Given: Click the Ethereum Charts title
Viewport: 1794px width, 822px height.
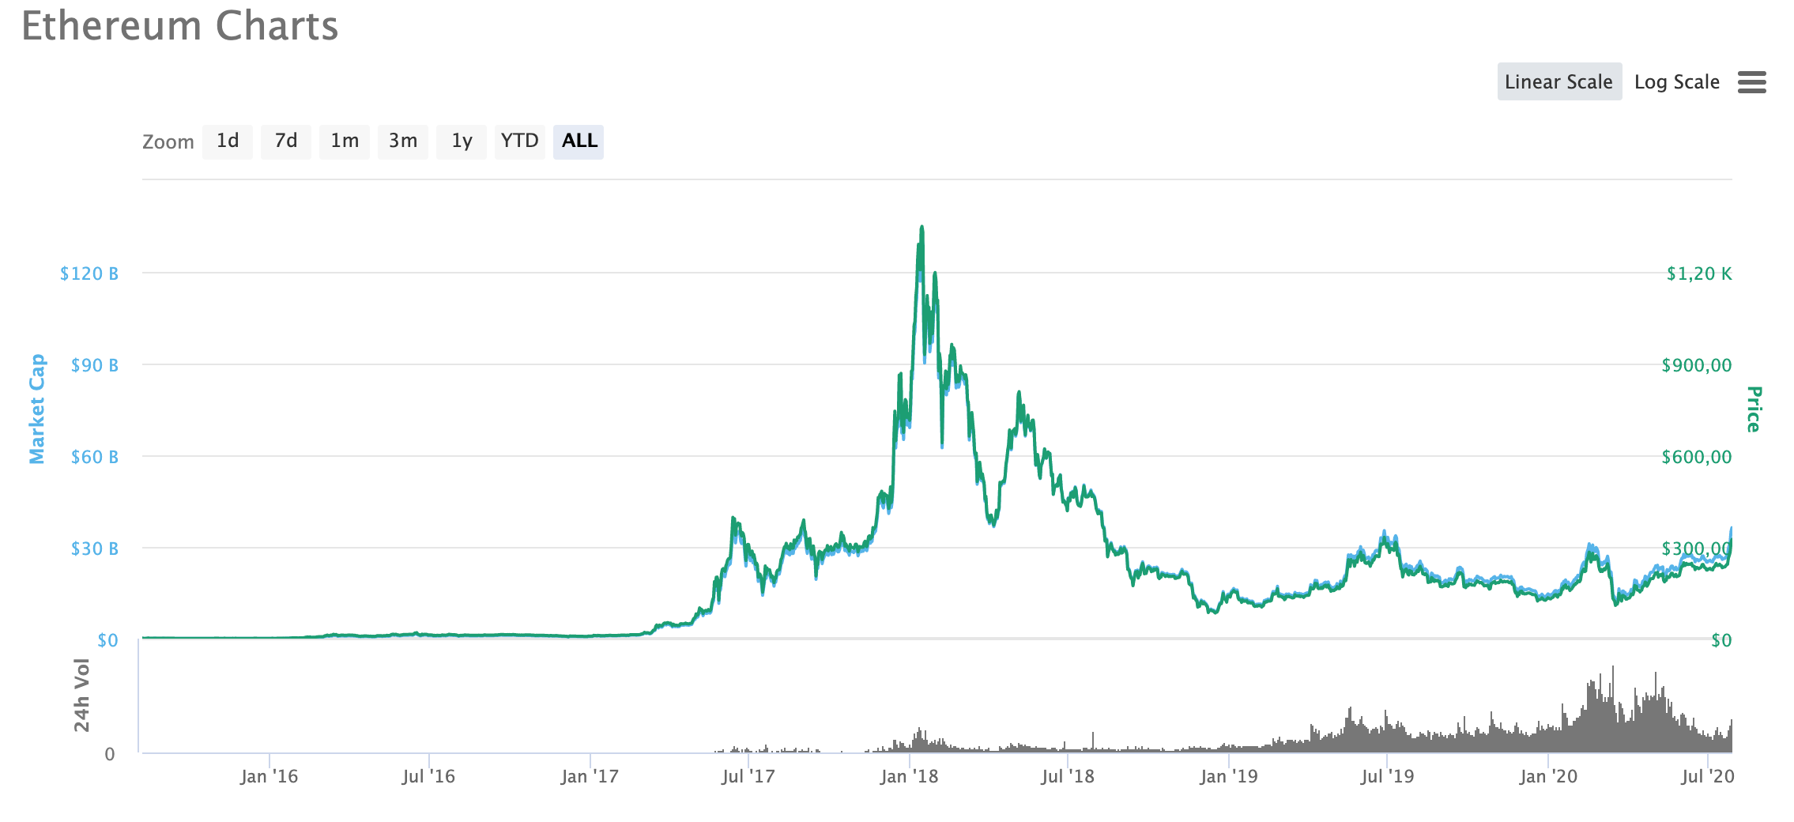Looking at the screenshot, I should point(179,26).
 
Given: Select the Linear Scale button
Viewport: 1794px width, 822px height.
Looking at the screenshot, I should point(1558,81).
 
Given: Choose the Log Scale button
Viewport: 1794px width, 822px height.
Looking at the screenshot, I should point(1676,81).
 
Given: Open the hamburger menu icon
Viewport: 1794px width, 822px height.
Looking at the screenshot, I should point(1751,81).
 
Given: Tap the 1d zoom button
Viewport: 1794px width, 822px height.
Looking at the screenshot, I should point(228,141).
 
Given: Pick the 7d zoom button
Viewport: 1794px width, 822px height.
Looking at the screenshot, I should point(285,141).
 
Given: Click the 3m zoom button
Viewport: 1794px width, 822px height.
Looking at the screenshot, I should point(403,141).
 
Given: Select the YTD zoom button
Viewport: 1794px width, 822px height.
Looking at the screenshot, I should point(519,141).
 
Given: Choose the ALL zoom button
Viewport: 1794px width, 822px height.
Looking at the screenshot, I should point(579,141).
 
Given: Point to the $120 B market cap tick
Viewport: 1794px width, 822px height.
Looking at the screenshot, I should point(89,273).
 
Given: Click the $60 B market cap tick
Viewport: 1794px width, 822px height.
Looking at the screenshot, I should point(94,457).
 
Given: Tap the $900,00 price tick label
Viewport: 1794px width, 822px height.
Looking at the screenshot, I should point(1696,365).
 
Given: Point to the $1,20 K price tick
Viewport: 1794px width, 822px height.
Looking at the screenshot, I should point(1698,273).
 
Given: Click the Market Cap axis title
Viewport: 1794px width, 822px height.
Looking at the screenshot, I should point(37,409).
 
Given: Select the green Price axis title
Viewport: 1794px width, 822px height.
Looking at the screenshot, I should point(1754,409).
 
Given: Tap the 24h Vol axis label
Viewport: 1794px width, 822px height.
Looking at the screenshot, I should point(81,695).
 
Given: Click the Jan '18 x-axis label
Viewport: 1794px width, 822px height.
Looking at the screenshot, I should point(909,776).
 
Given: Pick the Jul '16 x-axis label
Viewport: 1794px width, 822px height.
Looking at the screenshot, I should point(428,776).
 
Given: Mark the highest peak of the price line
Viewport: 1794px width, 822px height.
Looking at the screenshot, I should point(921,228).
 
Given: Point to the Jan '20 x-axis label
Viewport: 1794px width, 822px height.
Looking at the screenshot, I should point(1547,776).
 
